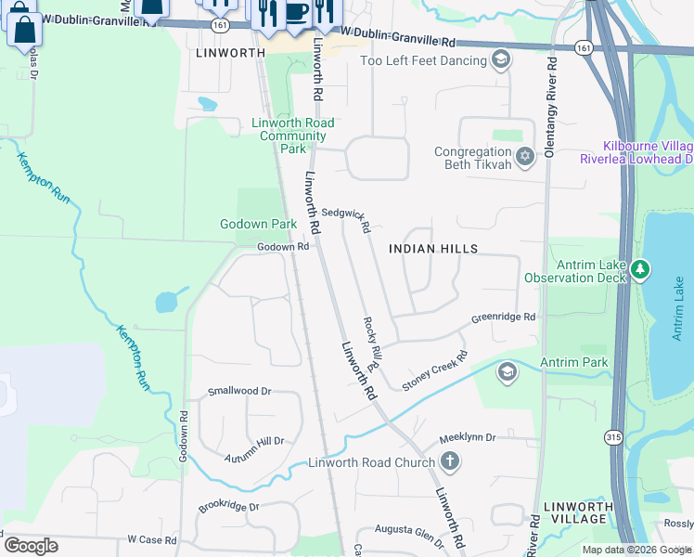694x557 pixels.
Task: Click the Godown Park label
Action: (258, 224)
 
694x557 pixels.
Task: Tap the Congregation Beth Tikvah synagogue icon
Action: (525, 154)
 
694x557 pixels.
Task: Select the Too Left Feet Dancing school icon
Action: (501, 61)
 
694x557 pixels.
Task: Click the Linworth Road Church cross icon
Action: (449, 461)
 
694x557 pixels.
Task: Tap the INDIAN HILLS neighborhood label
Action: (433, 249)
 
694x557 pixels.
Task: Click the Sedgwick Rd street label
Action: (346, 219)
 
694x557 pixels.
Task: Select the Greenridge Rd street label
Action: (504, 317)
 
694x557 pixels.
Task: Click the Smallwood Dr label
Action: (239, 391)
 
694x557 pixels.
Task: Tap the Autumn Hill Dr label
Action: (253, 448)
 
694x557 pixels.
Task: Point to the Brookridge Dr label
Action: (228, 508)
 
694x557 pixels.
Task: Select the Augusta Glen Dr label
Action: (410, 529)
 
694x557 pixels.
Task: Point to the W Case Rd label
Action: (151, 539)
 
